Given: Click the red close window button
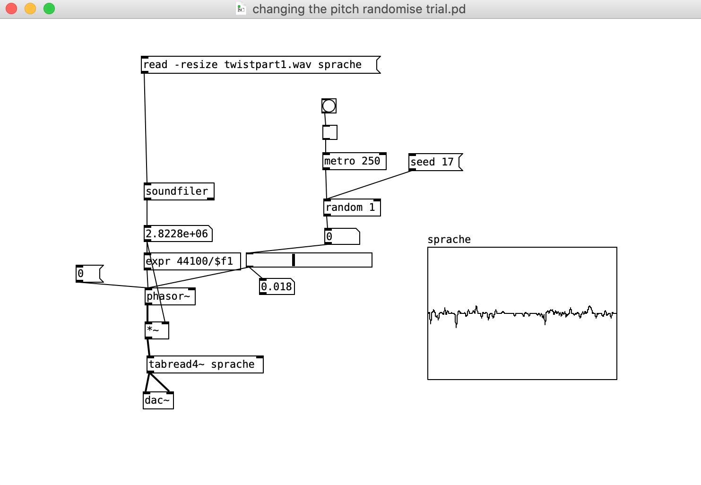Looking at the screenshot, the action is coord(11,9).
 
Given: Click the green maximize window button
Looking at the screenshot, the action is coord(49,9).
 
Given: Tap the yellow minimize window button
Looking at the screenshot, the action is coord(30,9).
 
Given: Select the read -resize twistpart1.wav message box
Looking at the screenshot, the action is coord(260,65).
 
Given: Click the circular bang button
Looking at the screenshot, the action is coord(329,106).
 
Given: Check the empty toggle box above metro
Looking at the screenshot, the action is coord(330,132).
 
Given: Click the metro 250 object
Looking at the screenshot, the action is coord(354,161).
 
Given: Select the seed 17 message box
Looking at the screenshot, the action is coord(436,162).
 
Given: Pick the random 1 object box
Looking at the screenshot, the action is coord(352,208).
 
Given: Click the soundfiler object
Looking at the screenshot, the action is coord(179,191).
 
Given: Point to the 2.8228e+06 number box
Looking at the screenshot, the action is coord(178,234).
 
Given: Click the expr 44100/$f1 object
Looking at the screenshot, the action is coord(192,261).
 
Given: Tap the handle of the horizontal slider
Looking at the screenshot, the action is coord(294,260).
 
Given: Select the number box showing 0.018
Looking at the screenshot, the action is coord(277,286).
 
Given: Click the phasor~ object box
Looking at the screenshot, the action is coord(170,296).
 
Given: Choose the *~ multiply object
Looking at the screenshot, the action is coord(157,330).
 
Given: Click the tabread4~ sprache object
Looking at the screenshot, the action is coord(205,364).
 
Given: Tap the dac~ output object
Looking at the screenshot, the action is coord(158,400).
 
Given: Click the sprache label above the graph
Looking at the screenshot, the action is coord(449,239).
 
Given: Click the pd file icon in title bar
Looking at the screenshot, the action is coord(241,9).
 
